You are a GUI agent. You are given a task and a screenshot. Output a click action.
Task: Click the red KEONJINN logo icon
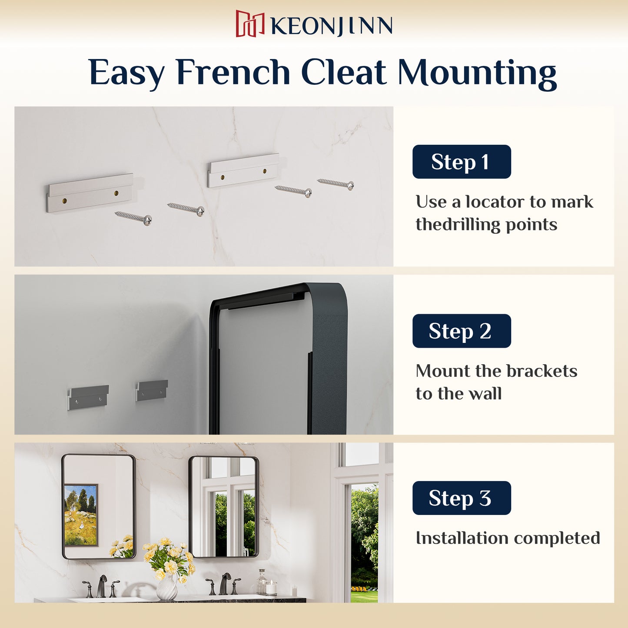tap(250, 23)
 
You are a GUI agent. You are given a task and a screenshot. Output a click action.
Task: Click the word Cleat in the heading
tap(344, 72)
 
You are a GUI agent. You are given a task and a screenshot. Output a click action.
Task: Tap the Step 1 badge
tap(462, 162)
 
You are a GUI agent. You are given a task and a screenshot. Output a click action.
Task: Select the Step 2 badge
tap(462, 331)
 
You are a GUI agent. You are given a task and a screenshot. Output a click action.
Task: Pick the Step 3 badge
tap(462, 498)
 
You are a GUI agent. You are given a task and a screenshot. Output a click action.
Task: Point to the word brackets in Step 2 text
tap(542, 371)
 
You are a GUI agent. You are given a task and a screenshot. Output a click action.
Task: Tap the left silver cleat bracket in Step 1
tap(90, 193)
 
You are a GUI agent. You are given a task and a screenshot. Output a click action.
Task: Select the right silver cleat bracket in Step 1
tap(243, 170)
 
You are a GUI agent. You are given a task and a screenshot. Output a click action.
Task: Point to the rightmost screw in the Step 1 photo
tap(336, 184)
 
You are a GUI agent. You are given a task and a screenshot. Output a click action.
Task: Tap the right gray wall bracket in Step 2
tap(152, 390)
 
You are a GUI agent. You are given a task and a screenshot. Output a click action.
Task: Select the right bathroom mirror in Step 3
tap(223, 507)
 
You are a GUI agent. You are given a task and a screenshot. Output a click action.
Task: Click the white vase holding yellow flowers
tap(167, 587)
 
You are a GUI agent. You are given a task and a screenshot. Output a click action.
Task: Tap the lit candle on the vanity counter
tap(271, 588)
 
